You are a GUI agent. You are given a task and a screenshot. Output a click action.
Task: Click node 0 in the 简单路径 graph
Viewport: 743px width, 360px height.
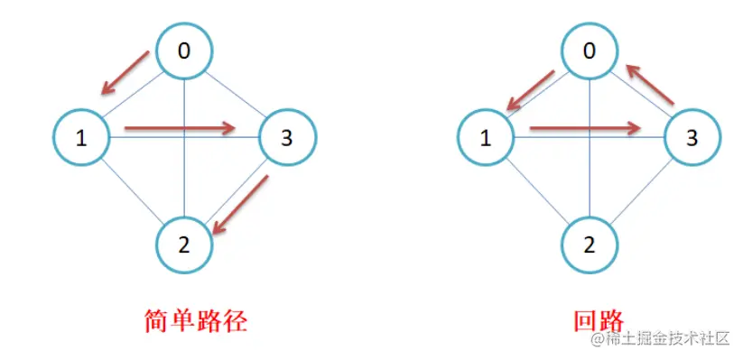click(x=184, y=51)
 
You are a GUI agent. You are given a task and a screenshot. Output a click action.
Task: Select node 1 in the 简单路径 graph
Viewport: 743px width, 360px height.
click(x=81, y=138)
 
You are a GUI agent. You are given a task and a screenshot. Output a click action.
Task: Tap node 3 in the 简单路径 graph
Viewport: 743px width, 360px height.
click(x=287, y=138)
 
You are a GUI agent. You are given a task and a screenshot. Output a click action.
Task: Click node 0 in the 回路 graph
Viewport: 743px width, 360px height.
click(x=590, y=51)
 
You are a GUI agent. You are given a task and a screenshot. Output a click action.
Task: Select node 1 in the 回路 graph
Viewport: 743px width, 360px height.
click(x=487, y=138)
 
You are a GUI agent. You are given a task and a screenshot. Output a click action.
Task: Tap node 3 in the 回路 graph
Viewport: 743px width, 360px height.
click(x=692, y=138)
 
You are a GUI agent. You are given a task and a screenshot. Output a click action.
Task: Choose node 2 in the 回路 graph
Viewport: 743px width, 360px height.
click(x=590, y=244)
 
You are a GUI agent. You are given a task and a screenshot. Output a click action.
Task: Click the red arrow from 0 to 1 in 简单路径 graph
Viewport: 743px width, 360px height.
click(x=125, y=72)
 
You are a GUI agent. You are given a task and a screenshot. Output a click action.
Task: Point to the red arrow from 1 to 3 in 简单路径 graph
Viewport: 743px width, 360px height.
click(x=180, y=128)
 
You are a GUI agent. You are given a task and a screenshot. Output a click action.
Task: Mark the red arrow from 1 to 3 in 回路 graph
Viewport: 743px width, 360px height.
click(x=585, y=128)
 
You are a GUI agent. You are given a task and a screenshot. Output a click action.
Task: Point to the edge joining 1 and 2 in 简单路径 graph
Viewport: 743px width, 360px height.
click(x=131, y=189)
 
